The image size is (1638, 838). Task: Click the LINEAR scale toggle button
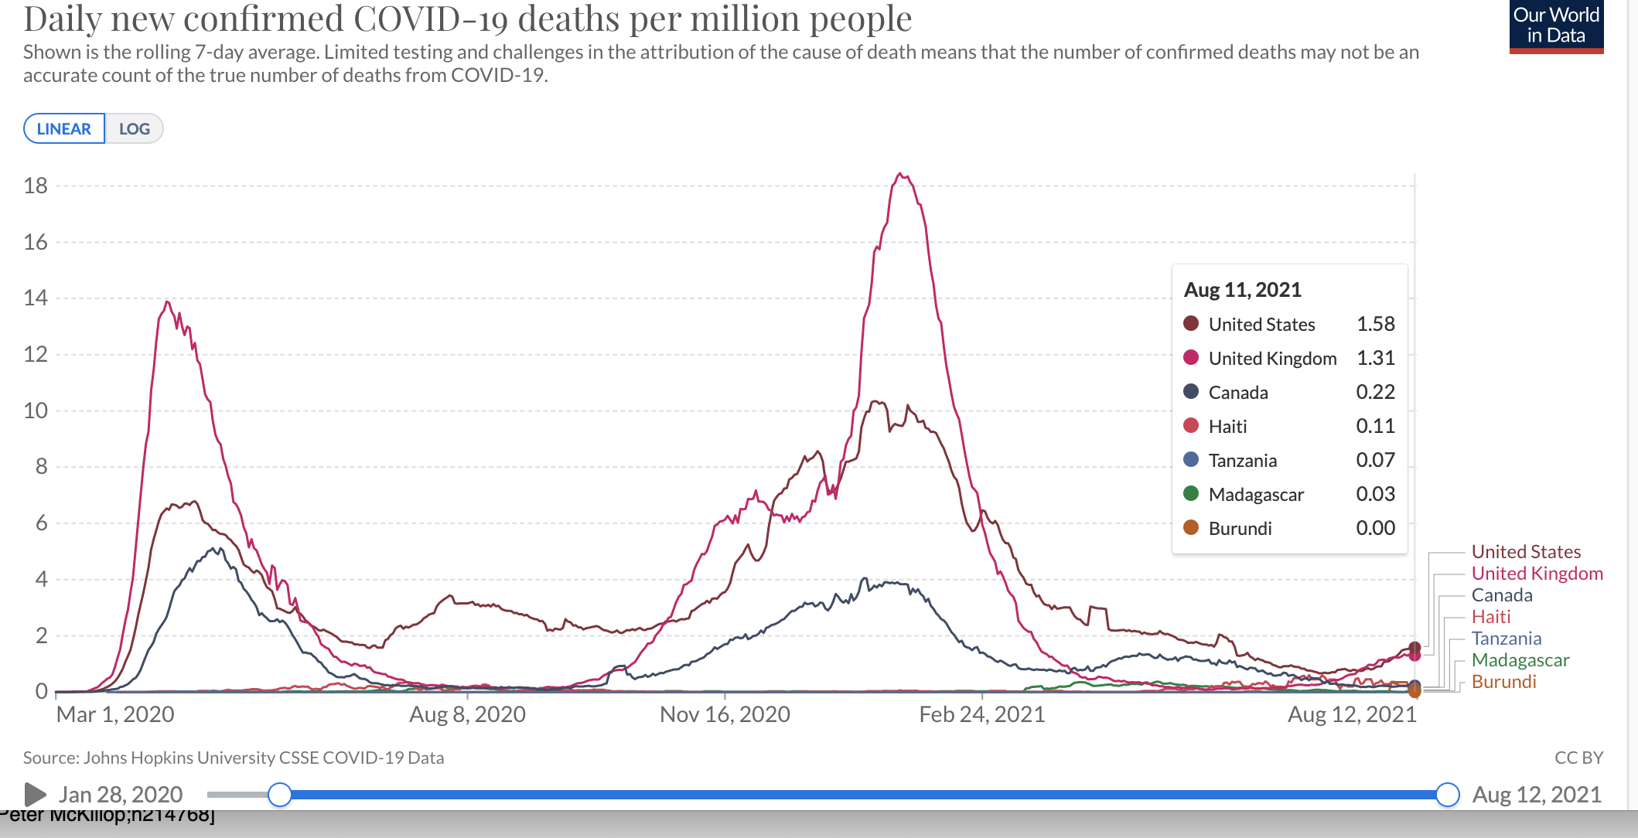click(x=64, y=129)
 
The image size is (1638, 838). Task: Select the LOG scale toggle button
click(x=134, y=129)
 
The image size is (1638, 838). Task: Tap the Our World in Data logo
click(x=1556, y=26)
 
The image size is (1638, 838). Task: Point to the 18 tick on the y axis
click(x=36, y=186)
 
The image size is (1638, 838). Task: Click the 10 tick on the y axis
click(x=36, y=410)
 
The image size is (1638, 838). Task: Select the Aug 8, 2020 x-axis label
click(x=467, y=714)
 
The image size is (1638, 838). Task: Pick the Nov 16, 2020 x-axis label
click(x=725, y=714)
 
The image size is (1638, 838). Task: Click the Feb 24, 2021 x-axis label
click(x=981, y=714)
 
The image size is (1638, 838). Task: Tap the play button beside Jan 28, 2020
click(x=35, y=794)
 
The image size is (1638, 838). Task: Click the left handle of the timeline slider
click(x=280, y=794)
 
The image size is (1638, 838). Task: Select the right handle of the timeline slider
click(x=1447, y=794)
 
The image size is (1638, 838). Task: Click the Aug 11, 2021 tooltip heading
click(x=1242, y=290)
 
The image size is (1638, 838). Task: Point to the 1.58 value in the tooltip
click(x=1375, y=324)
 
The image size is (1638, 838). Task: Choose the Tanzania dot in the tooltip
click(x=1191, y=460)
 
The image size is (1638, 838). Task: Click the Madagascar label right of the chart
click(x=1520, y=660)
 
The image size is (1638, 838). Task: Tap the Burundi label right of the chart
click(x=1503, y=682)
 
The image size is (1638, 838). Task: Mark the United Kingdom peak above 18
click(x=900, y=175)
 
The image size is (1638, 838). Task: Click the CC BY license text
click(x=1578, y=758)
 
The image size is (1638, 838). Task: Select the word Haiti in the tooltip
click(x=1227, y=427)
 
